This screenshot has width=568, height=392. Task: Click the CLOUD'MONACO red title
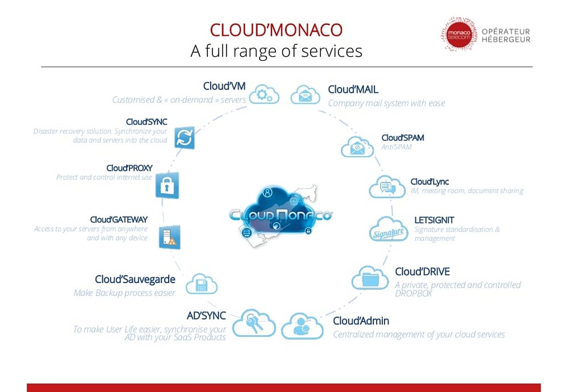(276, 30)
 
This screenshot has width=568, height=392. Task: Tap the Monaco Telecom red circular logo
(460, 34)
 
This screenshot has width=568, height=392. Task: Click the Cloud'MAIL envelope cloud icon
(306, 94)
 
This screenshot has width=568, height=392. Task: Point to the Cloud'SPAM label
(402, 137)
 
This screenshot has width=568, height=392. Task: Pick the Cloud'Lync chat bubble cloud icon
(387, 186)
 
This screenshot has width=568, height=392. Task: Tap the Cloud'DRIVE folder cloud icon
(370, 278)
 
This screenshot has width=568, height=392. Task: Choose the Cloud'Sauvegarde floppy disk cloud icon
(201, 283)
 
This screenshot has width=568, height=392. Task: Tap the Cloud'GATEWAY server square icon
(169, 236)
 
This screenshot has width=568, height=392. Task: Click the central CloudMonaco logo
(281, 214)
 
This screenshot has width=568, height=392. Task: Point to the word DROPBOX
(414, 294)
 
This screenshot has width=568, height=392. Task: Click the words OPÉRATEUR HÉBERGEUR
(506, 35)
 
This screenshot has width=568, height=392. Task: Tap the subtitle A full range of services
(276, 51)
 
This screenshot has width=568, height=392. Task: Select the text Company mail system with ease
(386, 103)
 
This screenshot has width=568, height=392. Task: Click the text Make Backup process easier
(124, 293)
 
